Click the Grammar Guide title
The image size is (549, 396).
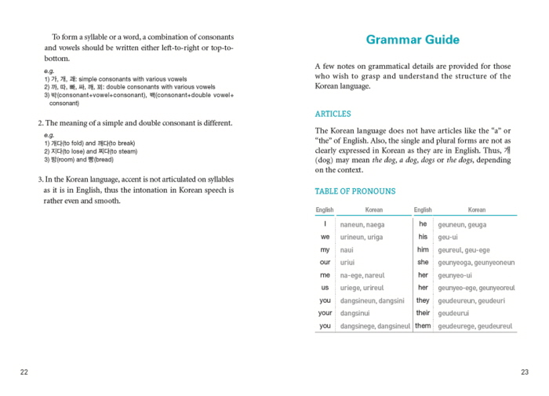[x=413, y=40]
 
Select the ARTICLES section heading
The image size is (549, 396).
[x=333, y=114]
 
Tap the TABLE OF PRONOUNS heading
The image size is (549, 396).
[x=355, y=191]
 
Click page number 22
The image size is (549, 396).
[x=24, y=372]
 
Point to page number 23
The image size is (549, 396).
[x=525, y=372]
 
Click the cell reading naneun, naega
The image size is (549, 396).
[x=362, y=225]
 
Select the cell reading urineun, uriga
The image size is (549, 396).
[x=362, y=237]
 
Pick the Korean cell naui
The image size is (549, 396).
[x=347, y=249]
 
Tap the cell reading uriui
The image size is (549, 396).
[x=347, y=262]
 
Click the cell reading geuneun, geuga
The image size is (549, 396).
[x=462, y=225]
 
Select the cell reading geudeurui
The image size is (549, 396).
[x=456, y=313]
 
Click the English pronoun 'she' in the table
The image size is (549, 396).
[x=423, y=262]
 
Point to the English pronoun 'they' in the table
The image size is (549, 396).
[x=423, y=300]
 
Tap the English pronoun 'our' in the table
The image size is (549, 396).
[x=325, y=262]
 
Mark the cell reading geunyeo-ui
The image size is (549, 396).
[x=455, y=275]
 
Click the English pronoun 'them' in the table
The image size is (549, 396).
[x=423, y=325]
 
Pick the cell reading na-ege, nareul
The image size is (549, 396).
[x=362, y=275]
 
